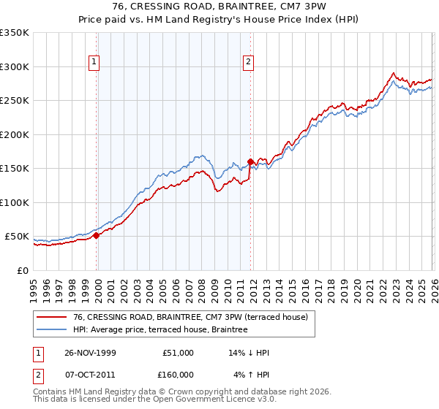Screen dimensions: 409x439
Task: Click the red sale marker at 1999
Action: [x=97, y=235]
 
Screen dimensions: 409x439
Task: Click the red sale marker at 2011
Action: [x=250, y=161]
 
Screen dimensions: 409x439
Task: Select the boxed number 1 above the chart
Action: [x=95, y=63]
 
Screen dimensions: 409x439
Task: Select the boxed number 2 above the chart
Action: [x=249, y=63]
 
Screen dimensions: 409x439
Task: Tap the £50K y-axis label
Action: [x=17, y=237]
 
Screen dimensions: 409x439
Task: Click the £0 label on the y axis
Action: [x=23, y=271]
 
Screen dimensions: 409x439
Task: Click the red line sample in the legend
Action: [x=51, y=317]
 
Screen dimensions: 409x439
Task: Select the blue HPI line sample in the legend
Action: [x=51, y=329]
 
